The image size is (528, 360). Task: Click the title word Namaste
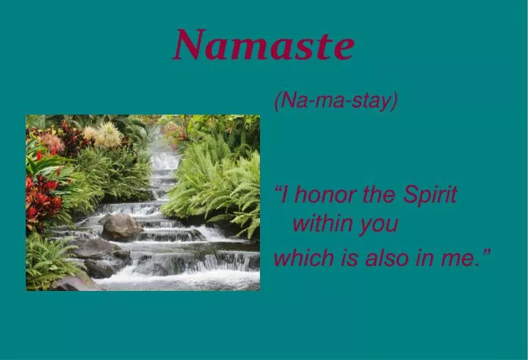(x=264, y=45)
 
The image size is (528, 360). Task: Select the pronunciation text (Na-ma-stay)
(x=336, y=101)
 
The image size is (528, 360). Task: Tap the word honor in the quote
(x=322, y=195)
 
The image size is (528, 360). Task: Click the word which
(x=297, y=257)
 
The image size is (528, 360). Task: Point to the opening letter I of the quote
(x=284, y=195)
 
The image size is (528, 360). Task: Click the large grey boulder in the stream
(x=120, y=228)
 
